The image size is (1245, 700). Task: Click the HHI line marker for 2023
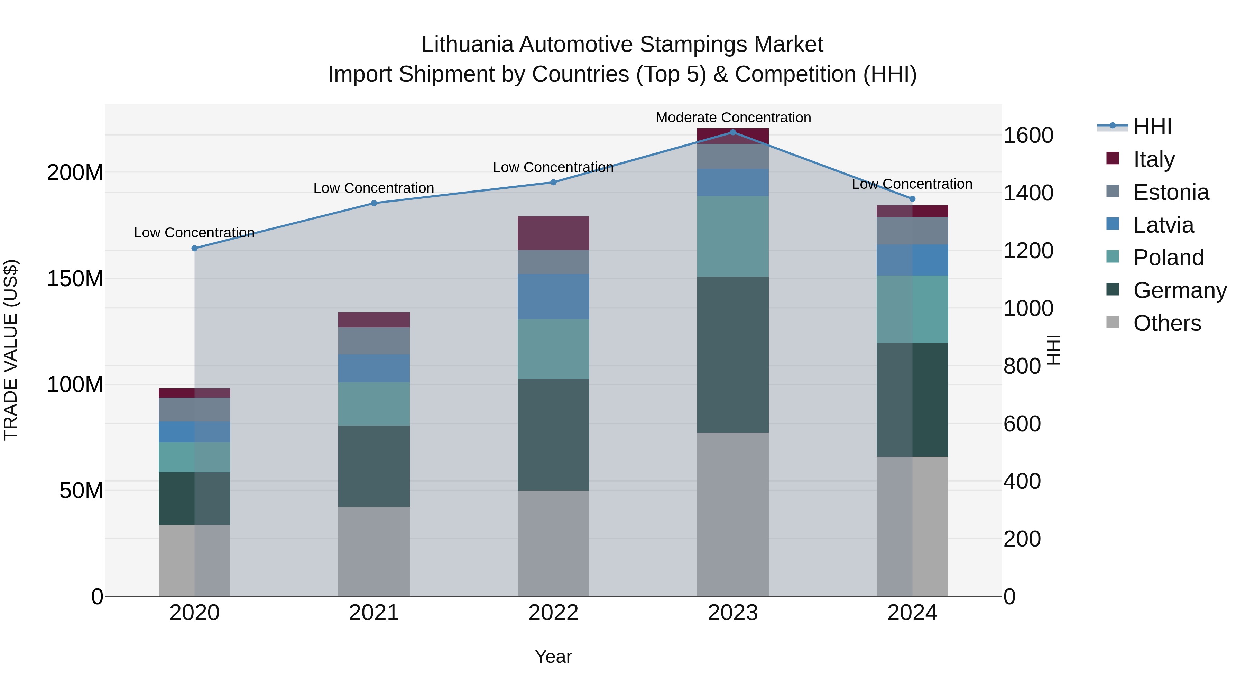733,132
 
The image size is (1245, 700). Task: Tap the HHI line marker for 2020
194,248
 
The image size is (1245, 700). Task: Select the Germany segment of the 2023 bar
733,355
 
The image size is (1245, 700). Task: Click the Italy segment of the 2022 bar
553,233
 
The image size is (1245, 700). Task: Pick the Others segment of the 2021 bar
373,551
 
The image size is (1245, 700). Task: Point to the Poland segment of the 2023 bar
733,236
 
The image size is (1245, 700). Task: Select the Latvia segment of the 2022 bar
553,297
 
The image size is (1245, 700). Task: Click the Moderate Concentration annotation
733,118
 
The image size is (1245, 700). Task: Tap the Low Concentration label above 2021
373,188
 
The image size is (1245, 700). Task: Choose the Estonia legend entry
1171,192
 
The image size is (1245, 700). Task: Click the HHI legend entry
1152,127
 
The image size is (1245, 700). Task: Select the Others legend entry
1167,323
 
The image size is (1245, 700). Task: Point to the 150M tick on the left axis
75,279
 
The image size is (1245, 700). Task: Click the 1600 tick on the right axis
1028,135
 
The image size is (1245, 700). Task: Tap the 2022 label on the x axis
553,613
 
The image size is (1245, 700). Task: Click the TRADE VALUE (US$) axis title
11,350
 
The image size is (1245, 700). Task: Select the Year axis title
553,656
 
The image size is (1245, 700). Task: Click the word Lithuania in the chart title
467,45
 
